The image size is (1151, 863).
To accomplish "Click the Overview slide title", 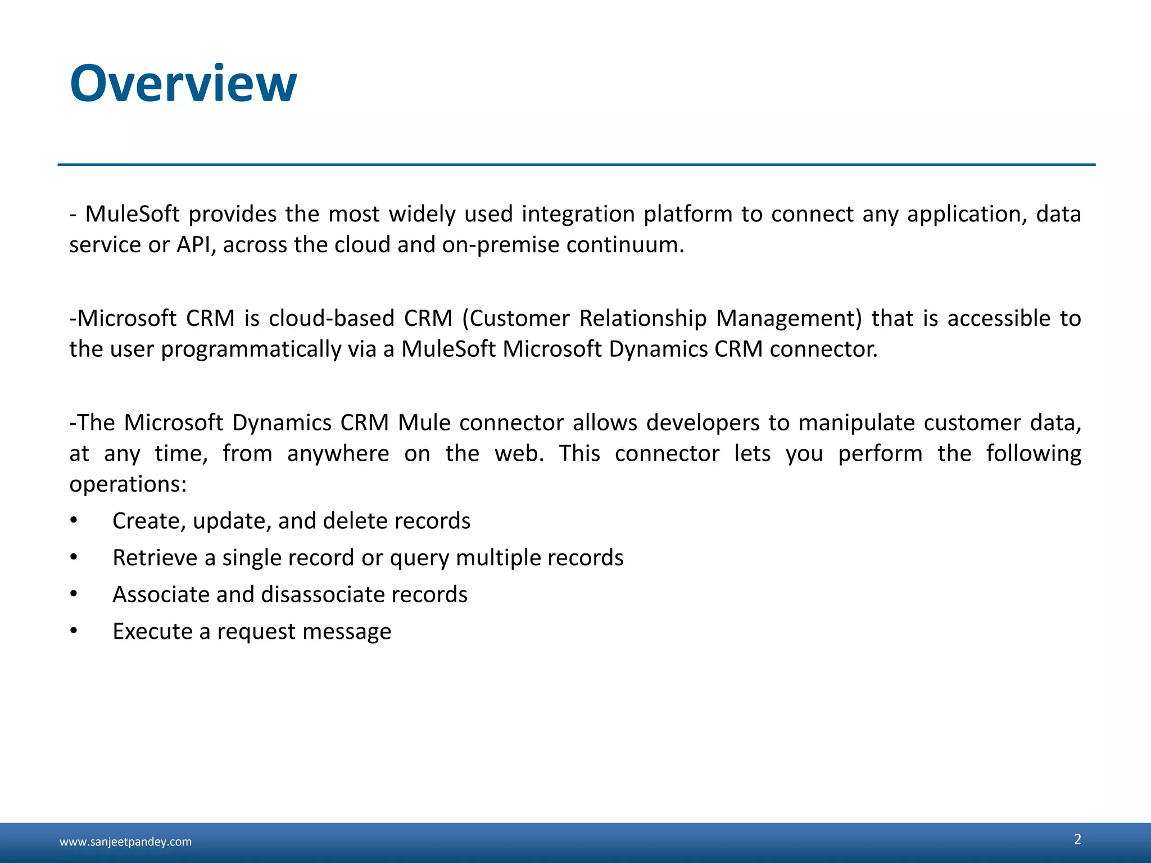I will (x=183, y=84).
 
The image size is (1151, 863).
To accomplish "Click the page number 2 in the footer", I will (x=1077, y=839).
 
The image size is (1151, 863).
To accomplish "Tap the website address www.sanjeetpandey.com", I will (x=125, y=842).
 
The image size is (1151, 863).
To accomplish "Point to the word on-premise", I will (x=501, y=245).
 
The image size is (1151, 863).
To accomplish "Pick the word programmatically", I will (x=251, y=349).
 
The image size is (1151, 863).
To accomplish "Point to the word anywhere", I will (x=338, y=453).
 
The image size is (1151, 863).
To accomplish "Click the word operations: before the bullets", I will (x=128, y=484).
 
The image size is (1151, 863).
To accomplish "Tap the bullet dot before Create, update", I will (x=74, y=521).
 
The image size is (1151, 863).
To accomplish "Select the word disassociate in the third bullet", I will (x=323, y=594).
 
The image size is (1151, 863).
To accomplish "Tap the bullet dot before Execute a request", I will (x=74, y=632).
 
